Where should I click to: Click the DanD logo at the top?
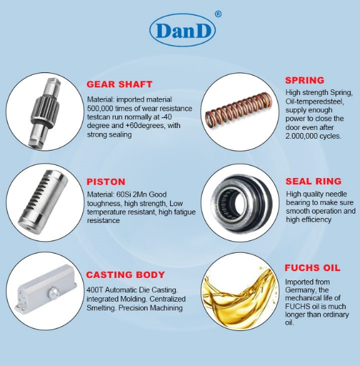(182, 30)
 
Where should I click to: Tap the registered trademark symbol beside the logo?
(217, 14)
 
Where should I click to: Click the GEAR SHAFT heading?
(119, 84)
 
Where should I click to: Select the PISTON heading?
(106, 182)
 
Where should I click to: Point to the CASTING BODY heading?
(126, 274)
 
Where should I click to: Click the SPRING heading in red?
(304, 80)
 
